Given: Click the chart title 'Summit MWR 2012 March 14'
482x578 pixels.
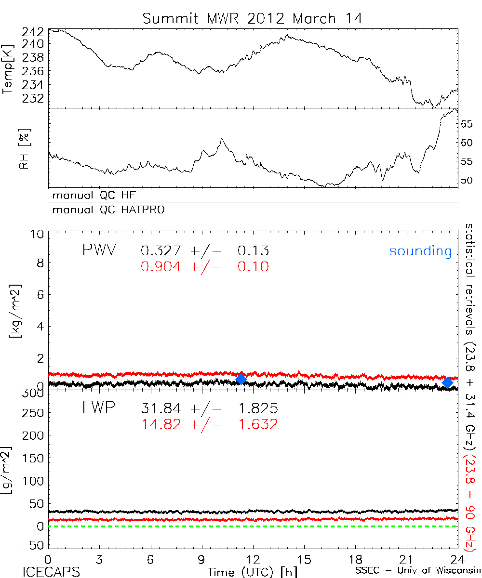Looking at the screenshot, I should tap(252, 19).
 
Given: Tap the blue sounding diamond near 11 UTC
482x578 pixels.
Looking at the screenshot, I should tap(241, 379).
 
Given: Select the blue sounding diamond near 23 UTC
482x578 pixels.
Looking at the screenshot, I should tap(448, 382).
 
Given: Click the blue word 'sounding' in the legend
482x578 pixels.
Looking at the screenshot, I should tap(420, 251).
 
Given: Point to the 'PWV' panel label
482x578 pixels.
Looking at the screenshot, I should tap(99, 250).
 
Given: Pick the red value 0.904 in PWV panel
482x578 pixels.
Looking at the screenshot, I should tap(161, 266).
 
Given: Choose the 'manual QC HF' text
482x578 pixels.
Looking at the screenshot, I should tap(91, 196).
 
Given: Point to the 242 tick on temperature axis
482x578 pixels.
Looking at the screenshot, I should tap(33, 32).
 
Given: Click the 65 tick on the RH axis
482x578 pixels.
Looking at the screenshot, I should tap(467, 124).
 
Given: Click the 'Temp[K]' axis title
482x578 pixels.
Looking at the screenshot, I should tap(8, 69).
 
